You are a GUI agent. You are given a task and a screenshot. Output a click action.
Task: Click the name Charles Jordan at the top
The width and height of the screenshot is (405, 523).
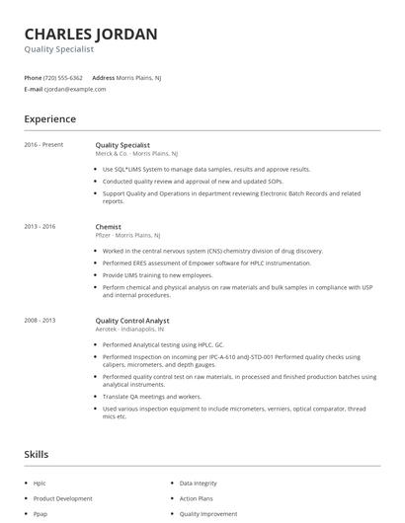[x=91, y=35]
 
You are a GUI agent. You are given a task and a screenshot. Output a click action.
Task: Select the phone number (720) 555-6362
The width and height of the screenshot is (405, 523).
[x=64, y=77]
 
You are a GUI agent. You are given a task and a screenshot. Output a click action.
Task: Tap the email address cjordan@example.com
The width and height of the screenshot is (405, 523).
[x=74, y=89]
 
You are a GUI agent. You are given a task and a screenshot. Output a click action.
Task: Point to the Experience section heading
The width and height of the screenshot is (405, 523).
[x=50, y=119]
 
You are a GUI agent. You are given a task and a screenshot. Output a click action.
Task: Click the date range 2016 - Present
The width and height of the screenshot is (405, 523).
[x=43, y=145]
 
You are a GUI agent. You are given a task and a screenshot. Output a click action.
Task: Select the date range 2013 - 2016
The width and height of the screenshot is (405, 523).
[x=40, y=227]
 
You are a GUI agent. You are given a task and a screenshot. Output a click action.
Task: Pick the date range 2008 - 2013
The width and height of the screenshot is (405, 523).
[x=40, y=321]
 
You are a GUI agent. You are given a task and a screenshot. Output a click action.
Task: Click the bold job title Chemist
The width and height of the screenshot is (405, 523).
[x=108, y=227]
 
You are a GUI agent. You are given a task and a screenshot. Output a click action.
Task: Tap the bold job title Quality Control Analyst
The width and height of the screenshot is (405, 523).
[x=132, y=321]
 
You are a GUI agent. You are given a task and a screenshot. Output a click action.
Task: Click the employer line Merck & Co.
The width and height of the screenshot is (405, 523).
[x=136, y=154]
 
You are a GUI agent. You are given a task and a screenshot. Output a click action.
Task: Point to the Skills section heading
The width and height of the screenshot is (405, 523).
[x=38, y=454]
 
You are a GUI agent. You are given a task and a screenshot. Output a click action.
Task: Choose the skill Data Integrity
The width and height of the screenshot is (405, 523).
[x=199, y=484]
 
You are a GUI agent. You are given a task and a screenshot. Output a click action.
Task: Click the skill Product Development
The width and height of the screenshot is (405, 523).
[x=62, y=498]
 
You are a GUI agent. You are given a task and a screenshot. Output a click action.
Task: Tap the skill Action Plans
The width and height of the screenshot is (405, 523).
[x=196, y=498]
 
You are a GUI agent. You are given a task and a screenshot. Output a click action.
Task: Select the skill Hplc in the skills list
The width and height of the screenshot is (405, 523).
[x=40, y=484]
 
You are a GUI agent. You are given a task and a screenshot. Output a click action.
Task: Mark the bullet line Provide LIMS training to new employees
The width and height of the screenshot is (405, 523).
[x=159, y=274]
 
